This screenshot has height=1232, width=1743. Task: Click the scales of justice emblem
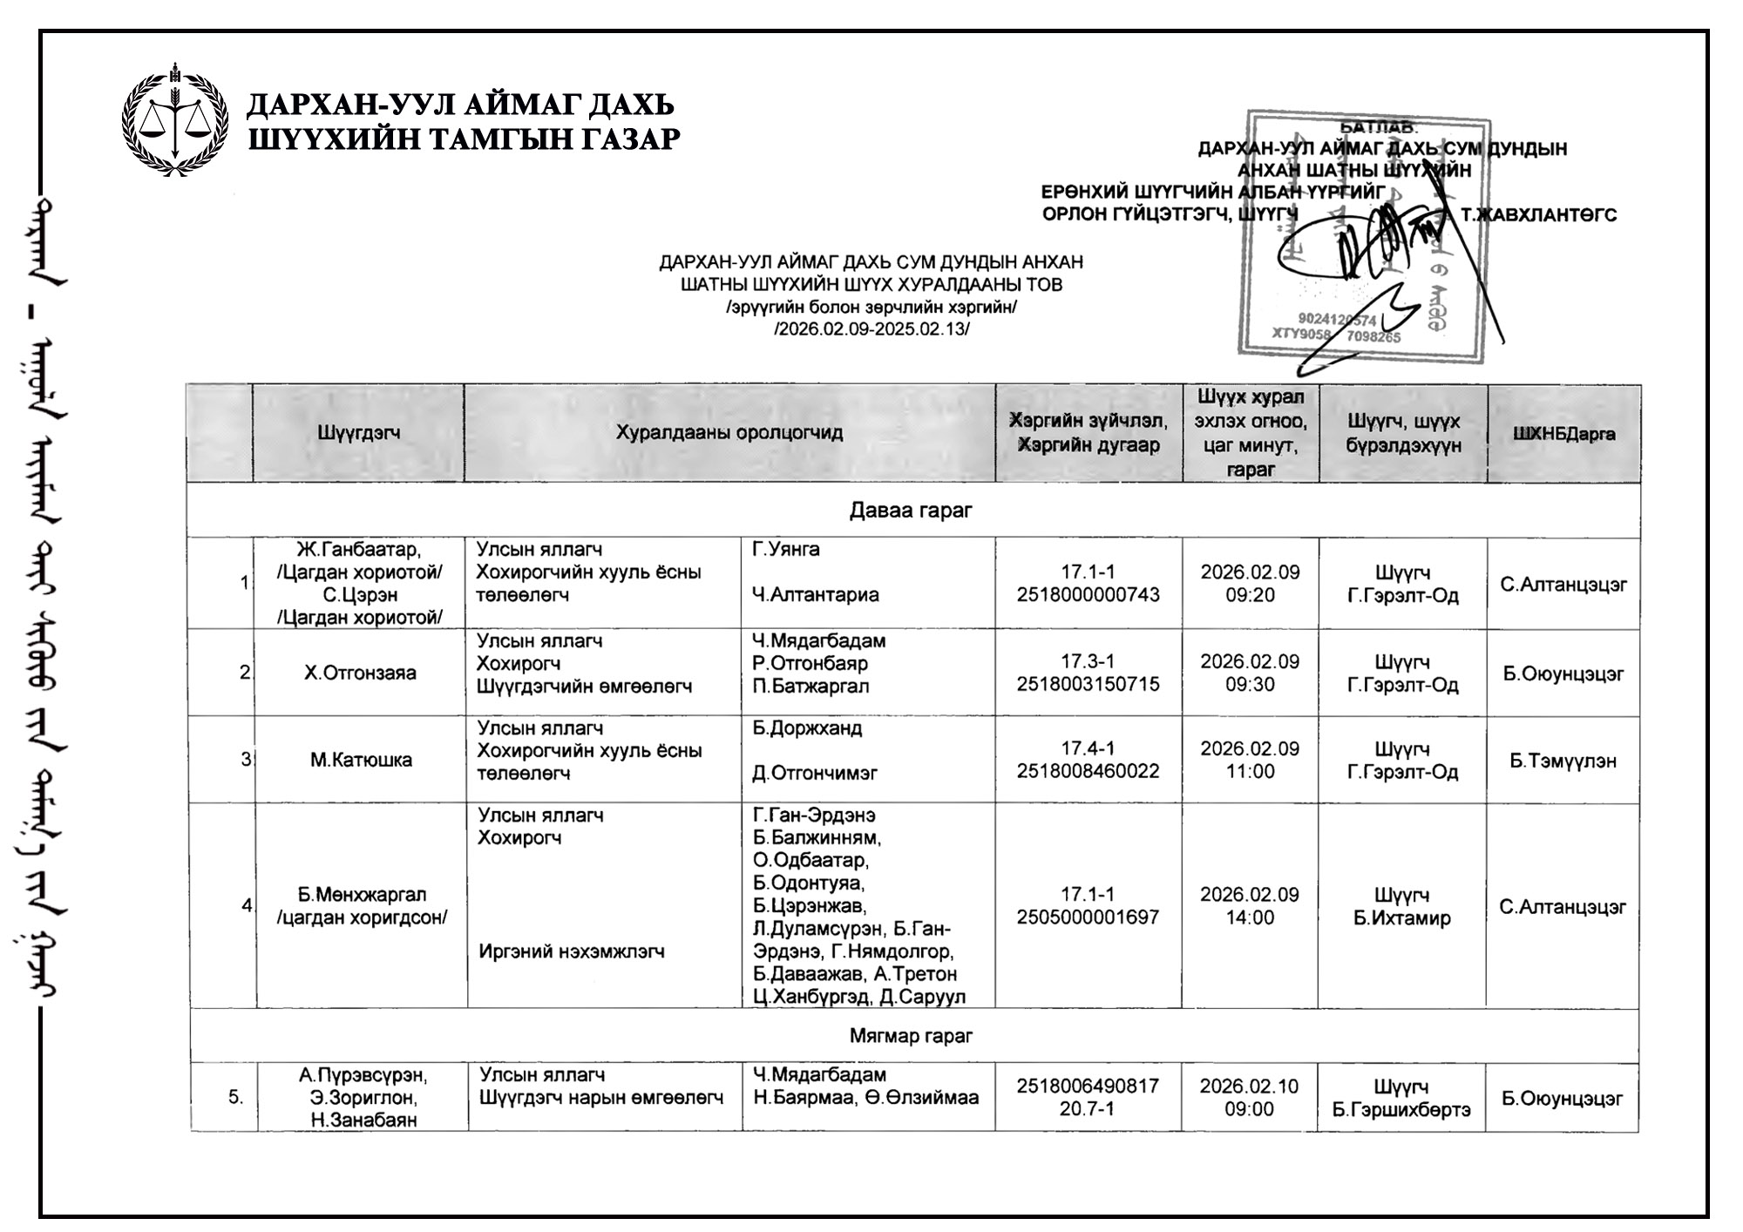coord(174,120)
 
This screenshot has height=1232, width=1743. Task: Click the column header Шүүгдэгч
coord(358,432)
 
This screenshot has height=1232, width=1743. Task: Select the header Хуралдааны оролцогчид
coord(729,432)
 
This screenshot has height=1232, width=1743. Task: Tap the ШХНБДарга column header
coord(1563,434)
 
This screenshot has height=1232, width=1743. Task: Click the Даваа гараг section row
coord(911,511)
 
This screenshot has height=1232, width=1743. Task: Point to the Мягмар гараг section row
coord(911,1036)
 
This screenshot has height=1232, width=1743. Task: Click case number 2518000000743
coord(1088,595)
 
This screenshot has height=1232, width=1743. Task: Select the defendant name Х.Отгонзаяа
coord(360,673)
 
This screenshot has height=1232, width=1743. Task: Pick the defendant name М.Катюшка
coord(361,760)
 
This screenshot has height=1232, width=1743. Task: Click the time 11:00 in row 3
coord(1250,772)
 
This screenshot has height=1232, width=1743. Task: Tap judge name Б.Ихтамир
coord(1401,918)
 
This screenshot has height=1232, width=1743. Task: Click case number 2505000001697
coord(1088,917)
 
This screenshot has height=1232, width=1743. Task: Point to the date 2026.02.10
coord(1249,1086)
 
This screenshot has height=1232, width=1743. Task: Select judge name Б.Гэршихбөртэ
coord(1401,1110)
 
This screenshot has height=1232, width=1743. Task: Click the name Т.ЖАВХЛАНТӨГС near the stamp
coord(1538,215)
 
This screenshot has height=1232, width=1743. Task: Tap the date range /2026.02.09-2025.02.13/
coord(871,329)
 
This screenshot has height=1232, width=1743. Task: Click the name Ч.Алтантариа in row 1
coord(816,595)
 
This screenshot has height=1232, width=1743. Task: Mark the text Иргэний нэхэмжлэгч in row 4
coord(572,951)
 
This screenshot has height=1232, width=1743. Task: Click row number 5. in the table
coord(236,1098)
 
